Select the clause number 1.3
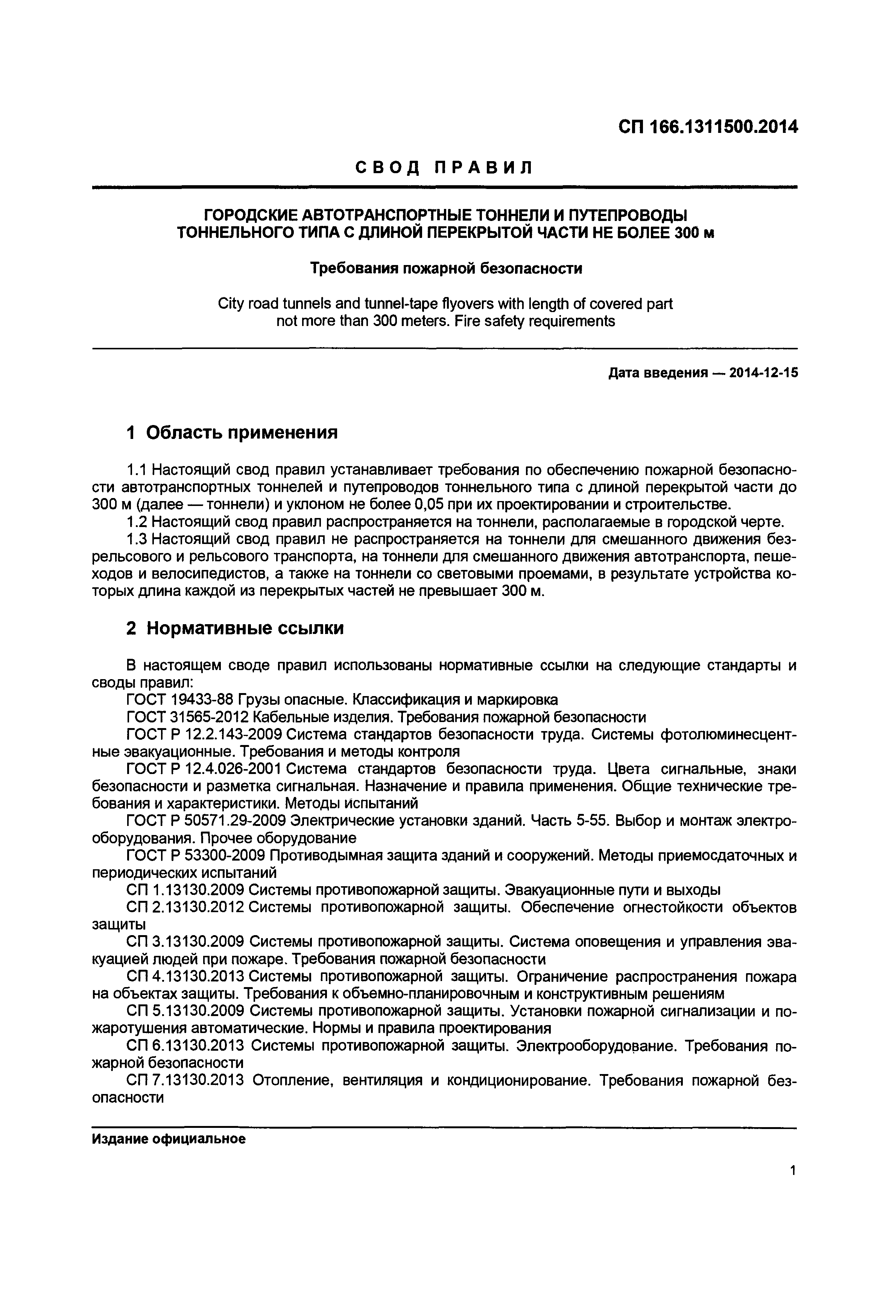(x=137, y=539)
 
